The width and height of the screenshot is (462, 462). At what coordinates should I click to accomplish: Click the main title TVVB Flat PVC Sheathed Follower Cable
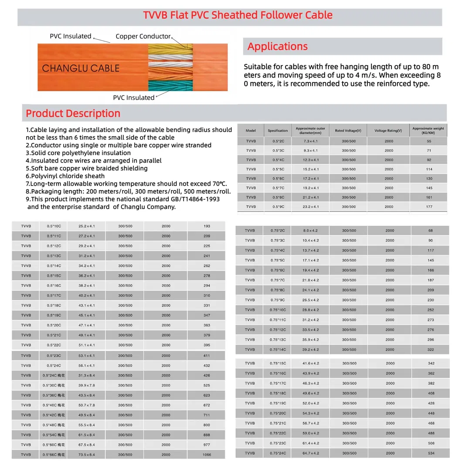[238, 15]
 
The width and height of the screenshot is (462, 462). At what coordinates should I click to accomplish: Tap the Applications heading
[278, 47]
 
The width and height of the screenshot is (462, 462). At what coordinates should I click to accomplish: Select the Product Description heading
[73, 114]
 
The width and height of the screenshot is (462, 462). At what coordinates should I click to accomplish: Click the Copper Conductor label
[143, 37]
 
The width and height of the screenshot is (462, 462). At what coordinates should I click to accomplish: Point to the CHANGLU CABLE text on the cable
[81, 68]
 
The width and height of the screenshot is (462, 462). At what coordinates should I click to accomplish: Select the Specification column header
[278, 130]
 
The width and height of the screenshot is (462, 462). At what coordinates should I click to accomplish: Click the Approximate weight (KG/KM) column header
[428, 130]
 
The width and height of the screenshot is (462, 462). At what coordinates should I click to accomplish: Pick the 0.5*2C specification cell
[278, 141]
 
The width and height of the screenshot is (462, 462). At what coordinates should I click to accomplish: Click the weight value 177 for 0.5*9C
[429, 207]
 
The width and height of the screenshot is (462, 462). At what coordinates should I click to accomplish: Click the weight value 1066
[207, 455]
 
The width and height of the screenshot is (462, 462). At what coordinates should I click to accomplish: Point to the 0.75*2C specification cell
[278, 231]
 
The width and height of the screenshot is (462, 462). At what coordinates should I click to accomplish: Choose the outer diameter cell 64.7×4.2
[311, 453]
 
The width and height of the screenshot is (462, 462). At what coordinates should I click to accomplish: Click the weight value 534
[431, 453]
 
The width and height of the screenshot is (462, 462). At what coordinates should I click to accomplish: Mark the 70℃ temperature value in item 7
[219, 184]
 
